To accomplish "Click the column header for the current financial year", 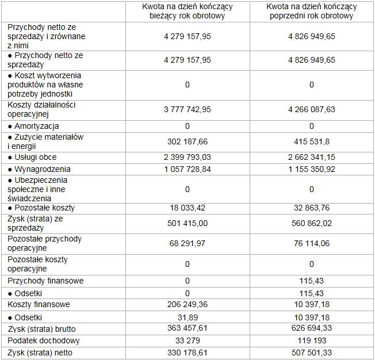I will (x=187, y=11).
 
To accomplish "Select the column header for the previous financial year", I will (x=311, y=11).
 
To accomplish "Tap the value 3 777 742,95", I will (x=187, y=109).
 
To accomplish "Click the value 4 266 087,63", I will (x=311, y=109).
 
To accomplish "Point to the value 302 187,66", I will (x=187, y=141).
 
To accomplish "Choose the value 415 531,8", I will (x=311, y=141).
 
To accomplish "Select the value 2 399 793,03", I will (x=187, y=157).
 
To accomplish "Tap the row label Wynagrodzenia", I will (x=39, y=169).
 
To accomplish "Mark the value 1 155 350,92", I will (x=311, y=169).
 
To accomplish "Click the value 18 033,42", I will (x=187, y=208).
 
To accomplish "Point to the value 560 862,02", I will (x=311, y=224).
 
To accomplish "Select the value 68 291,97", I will (x=187, y=243).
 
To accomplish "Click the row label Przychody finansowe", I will (x=45, y=281).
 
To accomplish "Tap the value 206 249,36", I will (x=187, y=305).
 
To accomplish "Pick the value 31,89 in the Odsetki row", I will (x=187, y=317).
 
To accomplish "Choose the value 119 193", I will (x=311, y=340).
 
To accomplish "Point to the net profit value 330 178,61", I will (x=187, y=352).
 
